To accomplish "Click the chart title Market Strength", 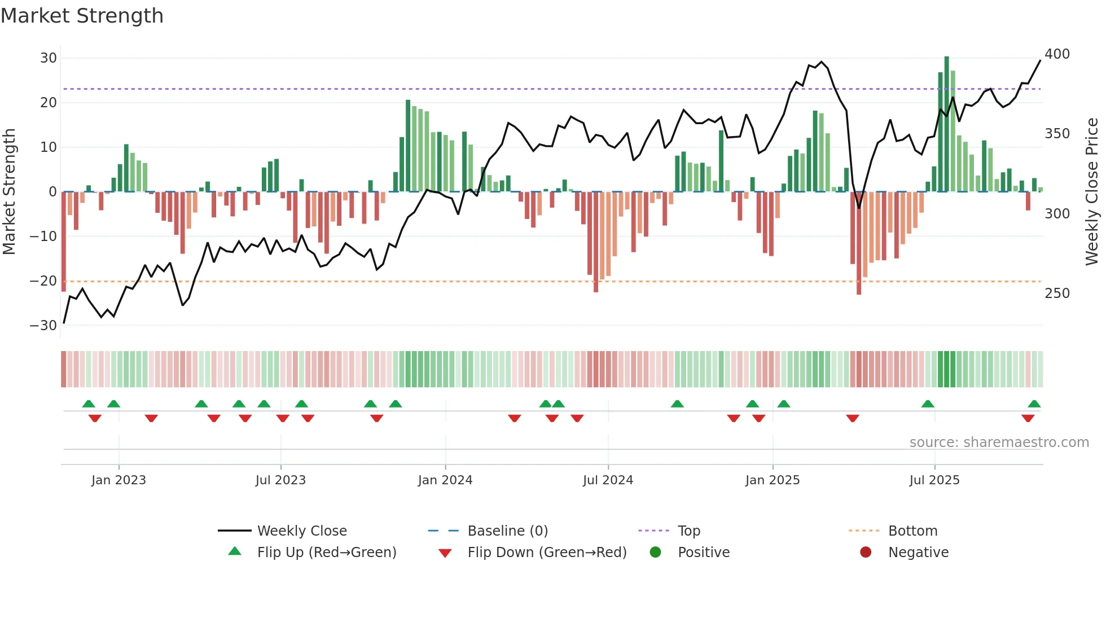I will pyautogui.click(x=82, y=16).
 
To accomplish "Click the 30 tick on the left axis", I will pyautogui.click(x=49, y=58).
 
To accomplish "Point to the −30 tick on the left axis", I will pyautogui.click(x=43, y=326).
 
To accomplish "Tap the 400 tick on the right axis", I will pyautogui.click(x=1057, y=54).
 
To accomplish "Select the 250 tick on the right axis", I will pyautogui.click(x=1057, y=294).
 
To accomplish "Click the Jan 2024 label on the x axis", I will pyautogui.click(x=445, y=480).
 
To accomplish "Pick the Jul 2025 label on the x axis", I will pyautogui.click(x=934, y=480).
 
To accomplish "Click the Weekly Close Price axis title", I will pyautogui.click(x=1092, y=192).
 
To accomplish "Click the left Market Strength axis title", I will pyautogui.click(x=9, y=192).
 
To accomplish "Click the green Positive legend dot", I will pyautogui.click(x=655, y=552).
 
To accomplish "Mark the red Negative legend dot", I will pyautogui.click(x=866, y=552).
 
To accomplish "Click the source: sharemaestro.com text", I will pyautogui.click(x=999, y=443).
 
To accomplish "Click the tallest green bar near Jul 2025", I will pyautogui.click(x=947, y=124).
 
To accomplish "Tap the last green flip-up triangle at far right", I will pyautogui.click(x=1034, y=404).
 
